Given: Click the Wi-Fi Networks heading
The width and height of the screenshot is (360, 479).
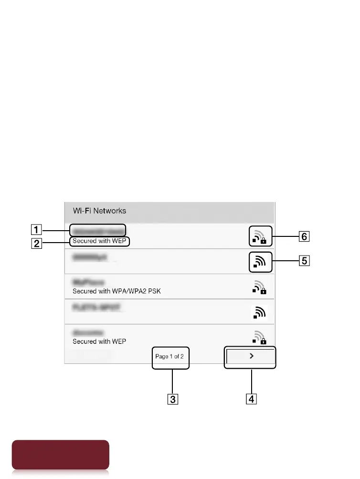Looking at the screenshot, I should [99, 211].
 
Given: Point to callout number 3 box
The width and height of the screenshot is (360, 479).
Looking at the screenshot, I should [172, 399].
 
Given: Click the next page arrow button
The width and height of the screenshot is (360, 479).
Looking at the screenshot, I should [250, 357].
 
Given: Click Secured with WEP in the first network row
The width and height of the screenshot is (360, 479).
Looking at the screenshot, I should [100, 242].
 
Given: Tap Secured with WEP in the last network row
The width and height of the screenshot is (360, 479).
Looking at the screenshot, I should [100, 341].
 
